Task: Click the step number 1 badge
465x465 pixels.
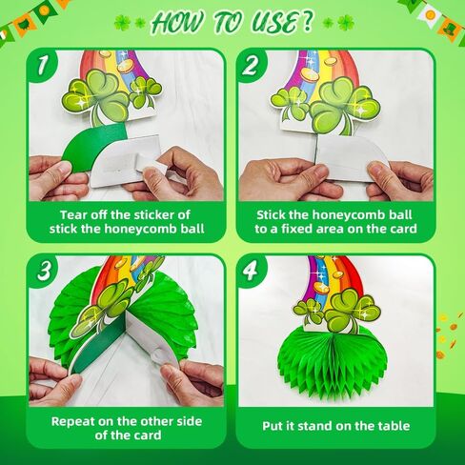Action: (x=42, y=65)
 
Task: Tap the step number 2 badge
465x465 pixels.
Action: (x=251, y=66)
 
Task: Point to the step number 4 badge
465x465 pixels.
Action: (x=251, y=271)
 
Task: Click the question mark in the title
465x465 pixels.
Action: (x=307, y=22)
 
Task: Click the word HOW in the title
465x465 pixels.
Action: (x=178, y=23)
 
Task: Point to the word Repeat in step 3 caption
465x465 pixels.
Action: (x=73, y=422)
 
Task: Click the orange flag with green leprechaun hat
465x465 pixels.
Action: (x=449, y=28)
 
